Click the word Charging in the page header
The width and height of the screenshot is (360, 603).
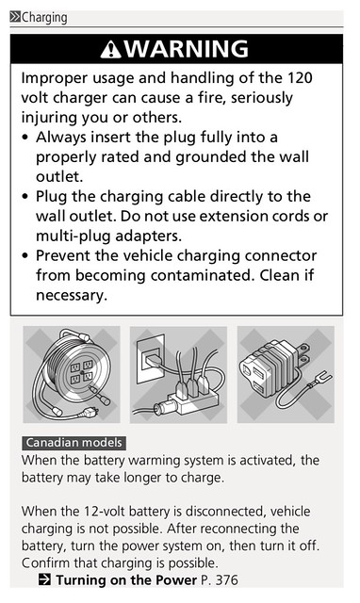(44, 18)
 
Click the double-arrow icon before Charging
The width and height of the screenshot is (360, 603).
(15, 17)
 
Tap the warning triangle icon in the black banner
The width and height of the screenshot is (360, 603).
(111, 49)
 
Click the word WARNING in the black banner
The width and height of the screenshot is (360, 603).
(187, 49)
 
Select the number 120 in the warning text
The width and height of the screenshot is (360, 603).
(300, 78)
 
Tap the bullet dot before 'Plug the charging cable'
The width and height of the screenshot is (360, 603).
(25, 197)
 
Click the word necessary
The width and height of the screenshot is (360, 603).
(72, 296)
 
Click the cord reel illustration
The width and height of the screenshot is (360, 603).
(72, 374)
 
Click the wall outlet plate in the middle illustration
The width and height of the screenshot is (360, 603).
(151, 357)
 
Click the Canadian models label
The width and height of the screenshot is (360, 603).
(74, 443)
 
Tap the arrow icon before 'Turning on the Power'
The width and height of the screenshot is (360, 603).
(44, 579)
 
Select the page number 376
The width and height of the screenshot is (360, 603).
(227, 579)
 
